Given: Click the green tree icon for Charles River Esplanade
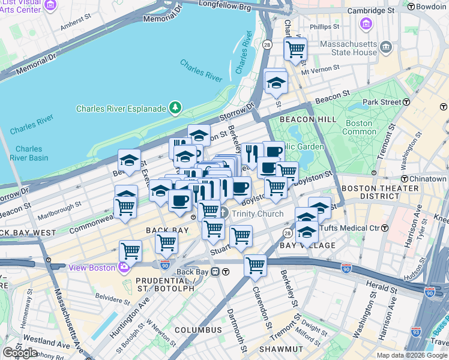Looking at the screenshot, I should tap(175, 108).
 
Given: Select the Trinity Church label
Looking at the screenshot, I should tap(258, 214).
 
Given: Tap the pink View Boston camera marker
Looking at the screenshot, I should tap(124, 268).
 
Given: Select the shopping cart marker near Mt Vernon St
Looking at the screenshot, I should tap(295, 50).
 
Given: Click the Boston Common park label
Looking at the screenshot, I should tap(360, 127).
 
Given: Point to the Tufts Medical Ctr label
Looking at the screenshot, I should tap(351, 228).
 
